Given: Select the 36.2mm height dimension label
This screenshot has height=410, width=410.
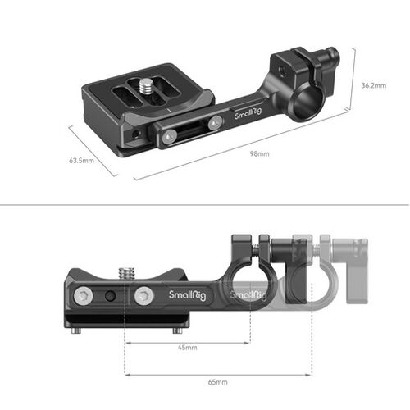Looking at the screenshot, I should click(380, 83).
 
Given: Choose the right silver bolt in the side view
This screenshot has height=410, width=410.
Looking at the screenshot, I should click(144, 295).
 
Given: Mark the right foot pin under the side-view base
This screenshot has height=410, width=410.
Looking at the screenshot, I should click(176, 330).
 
